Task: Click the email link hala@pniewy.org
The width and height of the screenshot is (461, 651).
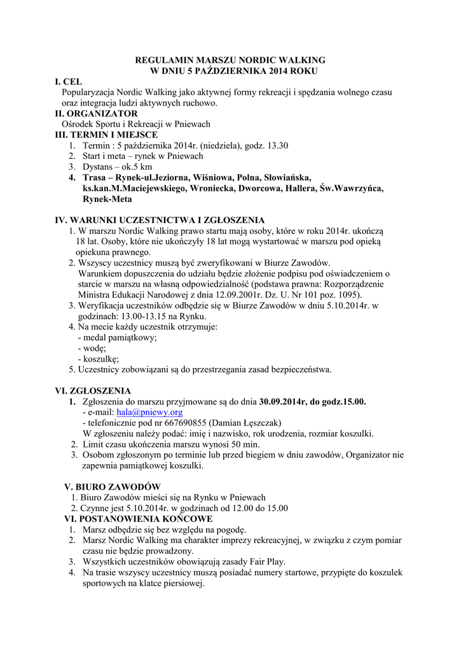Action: tap(146, 412)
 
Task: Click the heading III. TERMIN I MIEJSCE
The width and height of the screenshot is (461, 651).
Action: tap(107, 135)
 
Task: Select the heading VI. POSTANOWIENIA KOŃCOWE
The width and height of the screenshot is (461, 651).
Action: tap(134, 519)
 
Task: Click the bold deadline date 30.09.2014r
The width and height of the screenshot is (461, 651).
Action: tap(284, 402)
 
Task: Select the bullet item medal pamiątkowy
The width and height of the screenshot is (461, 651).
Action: tap(120, 338)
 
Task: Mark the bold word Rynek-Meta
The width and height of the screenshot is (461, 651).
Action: tap(107, 199)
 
